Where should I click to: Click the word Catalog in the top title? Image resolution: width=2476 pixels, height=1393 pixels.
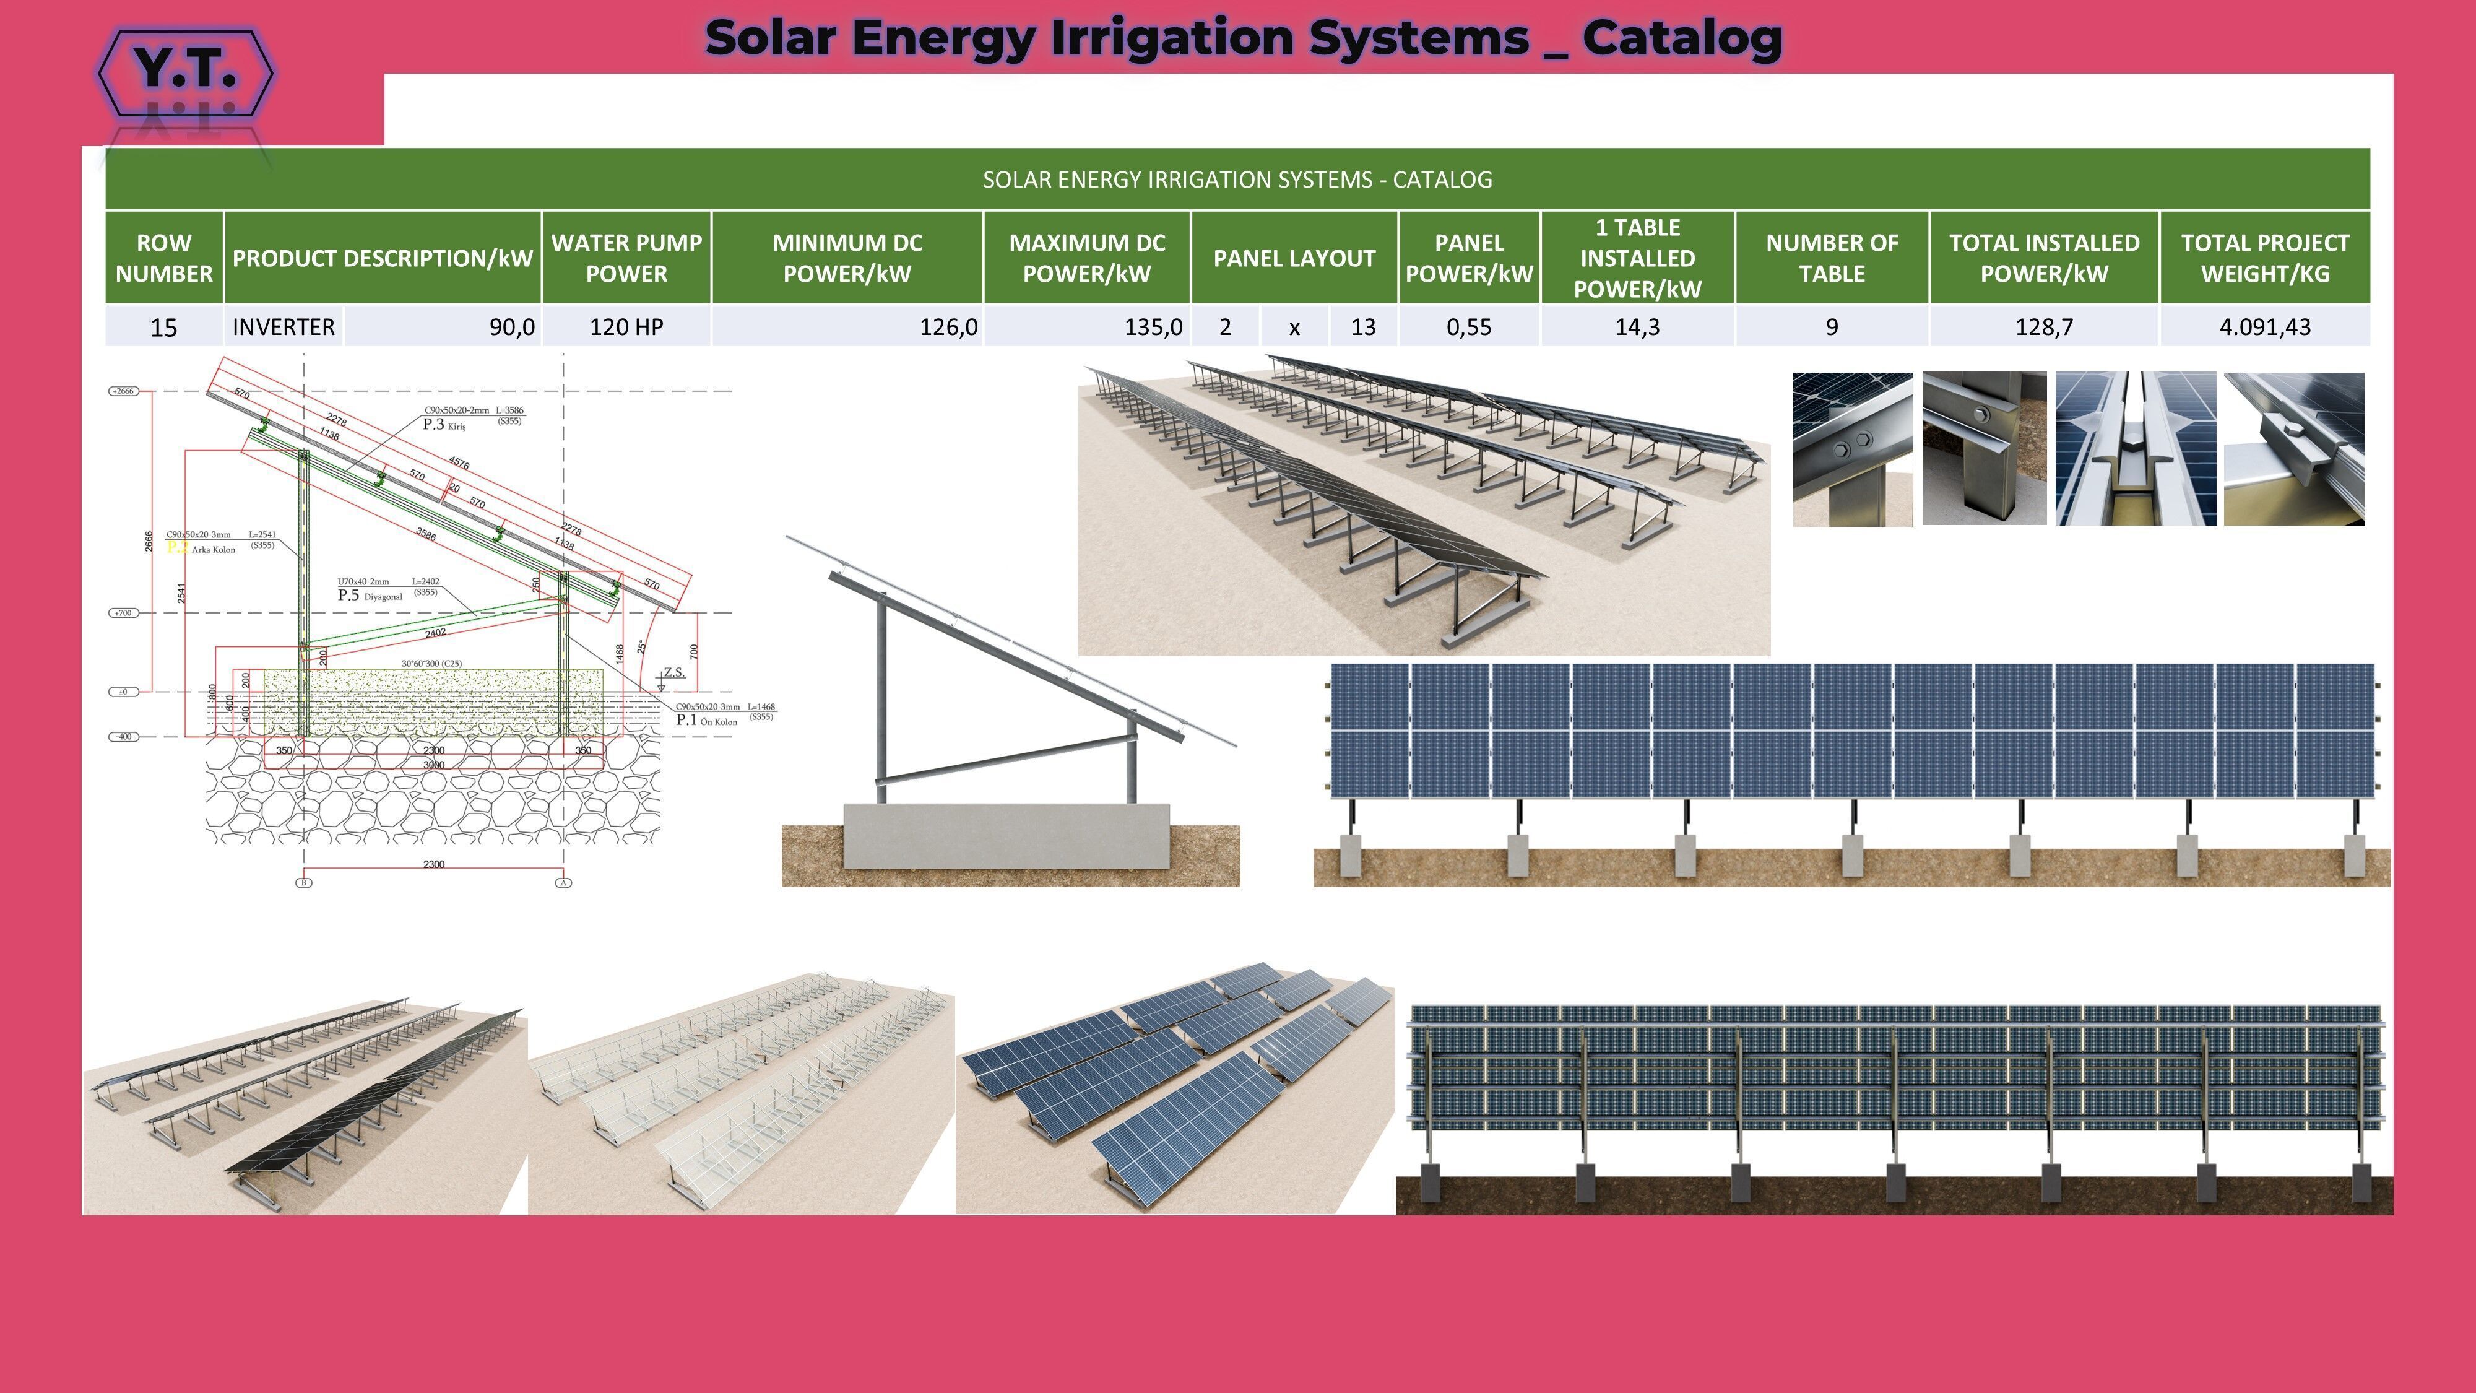(x=1682, y=38)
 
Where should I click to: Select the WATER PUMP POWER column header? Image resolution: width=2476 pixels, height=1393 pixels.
(x=626, y=258)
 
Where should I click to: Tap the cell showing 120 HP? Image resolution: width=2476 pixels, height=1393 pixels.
(x=626, y=327)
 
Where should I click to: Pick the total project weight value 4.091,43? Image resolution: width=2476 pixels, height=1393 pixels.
(x=2264, y=327)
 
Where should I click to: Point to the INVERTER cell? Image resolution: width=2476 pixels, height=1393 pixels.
(x=284, y=327)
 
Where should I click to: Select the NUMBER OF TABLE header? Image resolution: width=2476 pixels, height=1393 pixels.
(x=1831, y=258)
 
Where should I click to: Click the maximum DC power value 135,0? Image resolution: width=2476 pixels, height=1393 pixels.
(x=1153, y=327)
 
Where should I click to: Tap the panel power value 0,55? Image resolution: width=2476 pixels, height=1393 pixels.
(x=1469, y=327)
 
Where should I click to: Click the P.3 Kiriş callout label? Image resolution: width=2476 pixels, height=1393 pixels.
(x=444, y=425)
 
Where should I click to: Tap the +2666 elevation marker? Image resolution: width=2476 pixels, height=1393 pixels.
(x=123, y=391)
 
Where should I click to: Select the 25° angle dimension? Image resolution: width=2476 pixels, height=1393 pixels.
(x=642, y=647)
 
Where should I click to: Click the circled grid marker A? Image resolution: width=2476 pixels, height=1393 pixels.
(x=564, y=882)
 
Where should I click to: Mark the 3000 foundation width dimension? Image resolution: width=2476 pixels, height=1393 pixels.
(x=433, y=765)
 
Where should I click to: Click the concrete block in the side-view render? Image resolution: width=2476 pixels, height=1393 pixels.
(x=1006, y=835)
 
